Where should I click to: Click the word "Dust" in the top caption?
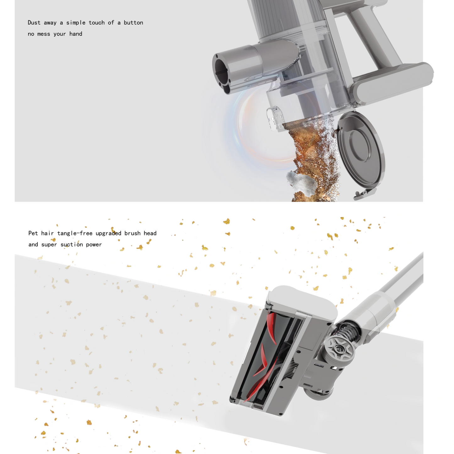pyautogui.click(x=34, y=23)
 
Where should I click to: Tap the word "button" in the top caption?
pyautogui.click(x=133, y=23)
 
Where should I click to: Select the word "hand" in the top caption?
pyautogui.click(x=76, y=34)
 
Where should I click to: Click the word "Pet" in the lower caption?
pyautogui.click(x=33, y=233)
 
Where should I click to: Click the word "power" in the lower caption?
pyautogui.click(x=94, y=244)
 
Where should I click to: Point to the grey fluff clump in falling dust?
pyautogui.click(x=300, y=182)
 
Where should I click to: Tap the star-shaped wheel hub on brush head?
pyautogui.click(x=340, y=349)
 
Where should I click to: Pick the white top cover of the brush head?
pyautogui.click(x=302, y=300)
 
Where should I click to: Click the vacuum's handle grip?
pyautogui.click(x=374, y=35)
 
